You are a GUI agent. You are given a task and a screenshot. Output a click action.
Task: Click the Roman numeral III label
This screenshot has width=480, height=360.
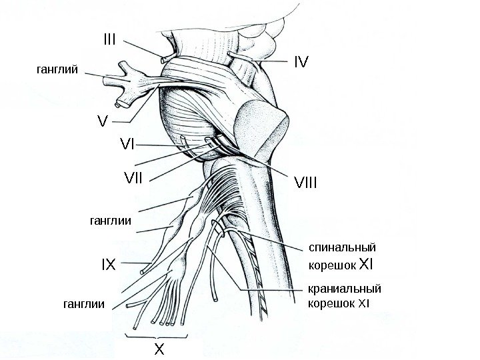coord(109,40)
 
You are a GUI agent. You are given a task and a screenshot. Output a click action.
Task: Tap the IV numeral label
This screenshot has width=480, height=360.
coord(301,62)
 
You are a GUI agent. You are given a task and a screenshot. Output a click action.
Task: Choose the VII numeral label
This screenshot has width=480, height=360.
coord(134,178)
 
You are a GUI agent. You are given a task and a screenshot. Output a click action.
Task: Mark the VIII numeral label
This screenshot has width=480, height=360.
coord(305,181)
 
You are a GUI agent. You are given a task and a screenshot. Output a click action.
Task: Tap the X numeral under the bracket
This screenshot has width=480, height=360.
coord(159,349)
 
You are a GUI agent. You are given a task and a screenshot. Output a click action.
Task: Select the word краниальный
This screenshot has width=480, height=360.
coord(344,289)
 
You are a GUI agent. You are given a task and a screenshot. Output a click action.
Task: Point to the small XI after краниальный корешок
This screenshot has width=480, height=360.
coord(363,304)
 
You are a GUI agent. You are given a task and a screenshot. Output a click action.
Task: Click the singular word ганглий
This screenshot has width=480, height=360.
coord(57,69)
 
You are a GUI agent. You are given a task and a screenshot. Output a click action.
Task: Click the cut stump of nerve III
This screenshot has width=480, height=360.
coord(164,60)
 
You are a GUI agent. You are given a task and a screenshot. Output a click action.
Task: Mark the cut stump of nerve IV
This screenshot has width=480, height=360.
coord(230,53)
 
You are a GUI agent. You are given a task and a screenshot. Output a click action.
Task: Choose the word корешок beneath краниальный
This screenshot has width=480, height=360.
coord(331,304)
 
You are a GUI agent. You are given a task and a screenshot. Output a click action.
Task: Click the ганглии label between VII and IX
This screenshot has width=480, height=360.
coord(109,219)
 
